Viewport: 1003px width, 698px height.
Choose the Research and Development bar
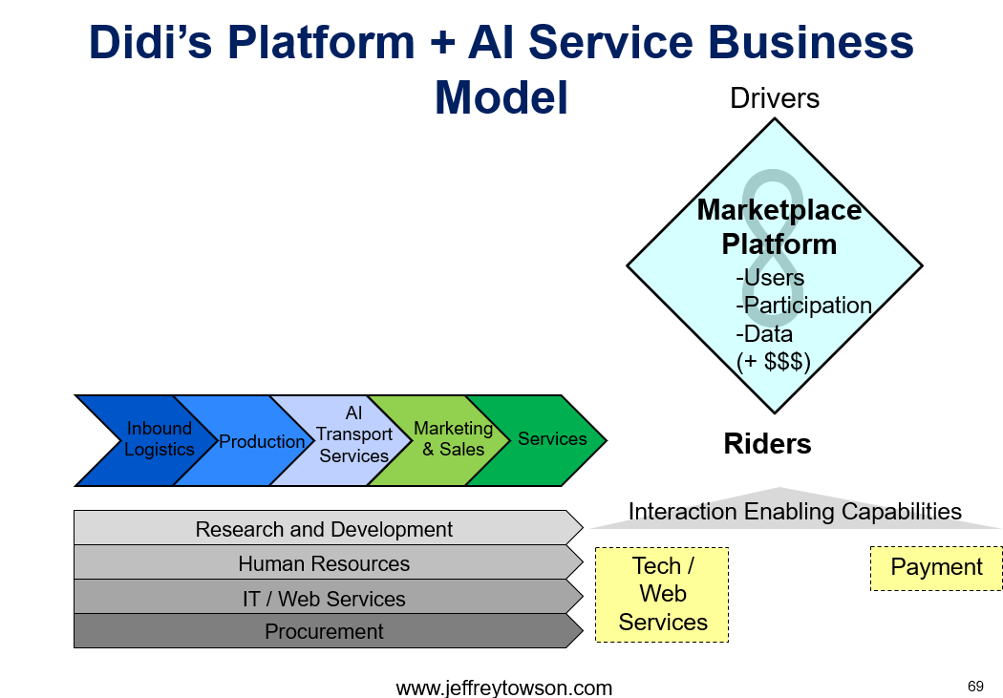click(325, 528)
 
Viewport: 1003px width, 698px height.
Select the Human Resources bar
click(325, 562)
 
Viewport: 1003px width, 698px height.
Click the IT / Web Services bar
click(325, 597)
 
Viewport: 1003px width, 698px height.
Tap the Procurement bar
click(325, 631)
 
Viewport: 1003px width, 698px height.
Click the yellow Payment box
click(936, 568)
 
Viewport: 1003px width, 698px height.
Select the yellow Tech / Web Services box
click(662, 595)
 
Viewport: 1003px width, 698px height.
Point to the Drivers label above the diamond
click(775, 98)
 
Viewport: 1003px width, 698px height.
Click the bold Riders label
click(768, 444)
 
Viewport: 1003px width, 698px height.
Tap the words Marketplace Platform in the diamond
click(779, 227)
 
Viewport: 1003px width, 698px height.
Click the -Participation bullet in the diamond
click(804, 306)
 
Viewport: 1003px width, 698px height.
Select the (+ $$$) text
click(774, 361)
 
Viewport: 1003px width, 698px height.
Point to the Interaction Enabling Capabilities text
click(795, 512)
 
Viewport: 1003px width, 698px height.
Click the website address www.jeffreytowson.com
click(504, 687)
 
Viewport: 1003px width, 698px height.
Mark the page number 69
click(975, 687)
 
